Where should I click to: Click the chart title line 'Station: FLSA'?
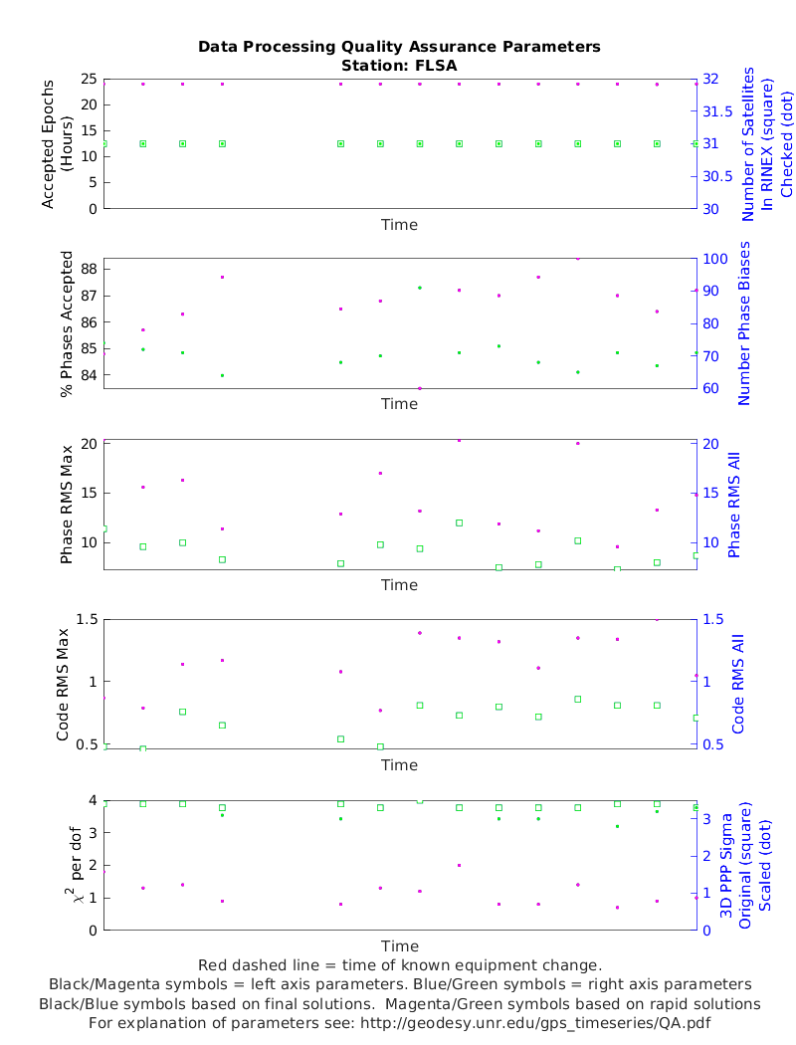point(399,65)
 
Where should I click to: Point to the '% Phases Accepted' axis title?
point(67,323)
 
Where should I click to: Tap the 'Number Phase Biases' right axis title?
point(744,323)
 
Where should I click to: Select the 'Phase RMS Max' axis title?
point(67,507)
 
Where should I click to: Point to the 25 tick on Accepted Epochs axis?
point(87,79)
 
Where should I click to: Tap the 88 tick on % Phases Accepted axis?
point(87,269)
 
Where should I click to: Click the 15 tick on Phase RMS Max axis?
point(87,493)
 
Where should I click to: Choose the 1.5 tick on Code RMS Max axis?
point(87,619)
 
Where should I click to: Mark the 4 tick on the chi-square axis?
point(93,800)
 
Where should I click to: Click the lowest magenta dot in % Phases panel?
point(420,388)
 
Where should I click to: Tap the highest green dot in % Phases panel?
point(420,288)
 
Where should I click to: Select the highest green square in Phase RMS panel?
point(459,522)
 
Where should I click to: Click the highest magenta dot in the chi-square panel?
point(459,865)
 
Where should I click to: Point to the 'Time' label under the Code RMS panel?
point(399,765)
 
